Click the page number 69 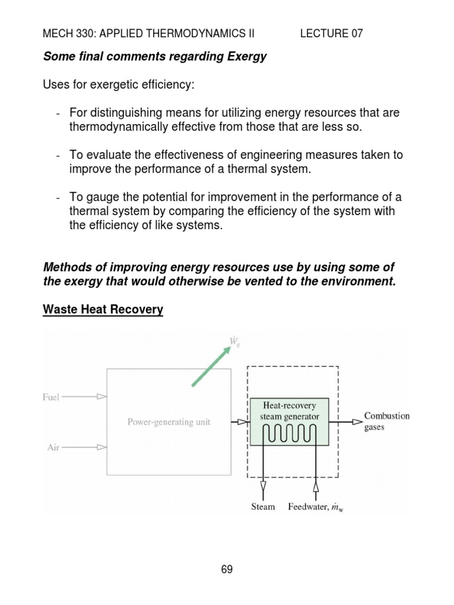click(x=227, y=570)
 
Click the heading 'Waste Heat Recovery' click(x=103, y=309)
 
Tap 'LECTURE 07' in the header click(x=331, y=34)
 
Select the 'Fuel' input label click(x=51, y=397)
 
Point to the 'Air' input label click(x=53, y=447)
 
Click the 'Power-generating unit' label click(x=168, y=422)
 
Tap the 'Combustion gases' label click(x=387, y=421)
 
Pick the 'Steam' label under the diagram click(x=263, y=507)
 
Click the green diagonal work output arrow click(x=210, y=367)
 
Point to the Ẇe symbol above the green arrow click(x=235, y=341)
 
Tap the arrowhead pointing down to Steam click(x=263, y=487)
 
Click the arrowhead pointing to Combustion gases click(x=357, y=421)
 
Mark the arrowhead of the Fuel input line click(x=102, y=397)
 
